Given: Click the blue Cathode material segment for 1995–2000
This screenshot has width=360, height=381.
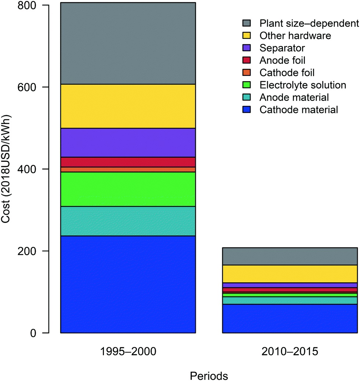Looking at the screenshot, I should click(128, 284).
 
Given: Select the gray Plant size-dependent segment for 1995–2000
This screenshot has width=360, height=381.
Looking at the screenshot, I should click(128, 43).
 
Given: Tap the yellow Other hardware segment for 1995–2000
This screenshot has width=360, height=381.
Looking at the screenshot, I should click(128, 106).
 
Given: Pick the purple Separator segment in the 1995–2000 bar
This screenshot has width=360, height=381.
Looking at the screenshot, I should click(128, 142).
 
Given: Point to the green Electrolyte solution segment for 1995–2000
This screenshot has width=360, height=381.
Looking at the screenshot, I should click(128, 189).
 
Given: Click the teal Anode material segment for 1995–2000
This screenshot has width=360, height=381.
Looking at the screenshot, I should click(128, 221).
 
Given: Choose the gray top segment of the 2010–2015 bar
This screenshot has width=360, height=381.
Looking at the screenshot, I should click(290, 256).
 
